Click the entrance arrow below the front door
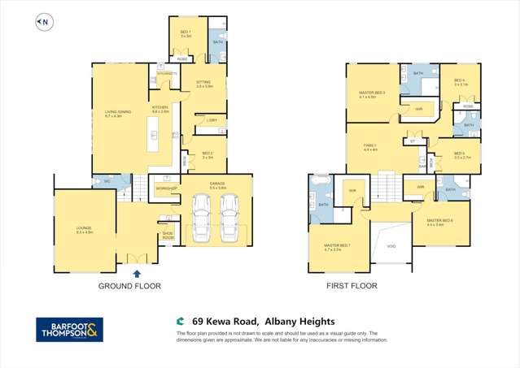pos(136,275)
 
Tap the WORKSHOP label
pos(166,188)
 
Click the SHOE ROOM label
pos(168,236)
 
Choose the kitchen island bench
pos(151,133)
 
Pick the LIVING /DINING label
pos(113,114)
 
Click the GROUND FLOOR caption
pos(129,286)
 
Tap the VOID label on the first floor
pos(391,245)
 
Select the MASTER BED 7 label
pos(337,247)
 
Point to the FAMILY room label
pos(370,147)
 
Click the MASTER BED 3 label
pos(372,94)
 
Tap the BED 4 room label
pos(459,81)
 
